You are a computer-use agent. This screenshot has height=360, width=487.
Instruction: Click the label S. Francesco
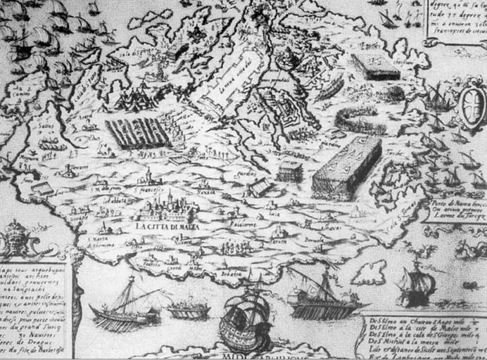coord(149,189)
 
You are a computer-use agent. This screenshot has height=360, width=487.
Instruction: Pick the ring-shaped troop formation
coord(360,120)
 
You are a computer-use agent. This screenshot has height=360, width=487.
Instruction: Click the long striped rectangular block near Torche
coord(346,167)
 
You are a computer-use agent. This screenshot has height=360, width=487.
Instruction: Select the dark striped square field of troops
coord(139,131)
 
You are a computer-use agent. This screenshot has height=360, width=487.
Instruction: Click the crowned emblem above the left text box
coord(15,241)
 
